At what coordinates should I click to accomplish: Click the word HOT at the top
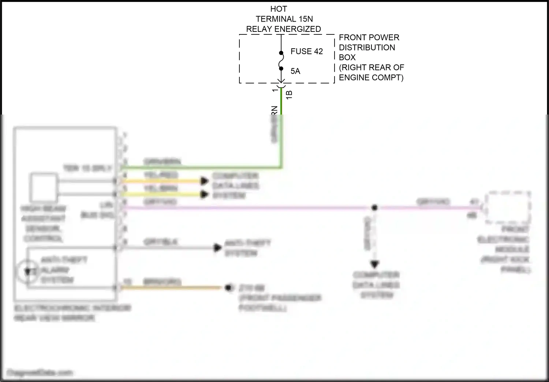tap(279, 9)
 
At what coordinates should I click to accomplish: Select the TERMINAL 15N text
tap(284, 19)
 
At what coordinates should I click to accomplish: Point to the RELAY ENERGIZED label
tap(283, 29)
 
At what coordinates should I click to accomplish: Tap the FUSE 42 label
tap(306, 52)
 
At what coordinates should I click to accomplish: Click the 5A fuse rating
tap(295, 71)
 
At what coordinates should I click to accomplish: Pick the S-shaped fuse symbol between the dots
tap(281, 61)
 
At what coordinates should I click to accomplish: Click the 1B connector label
tap(289, 95)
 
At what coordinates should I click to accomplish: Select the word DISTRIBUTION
tap(367, 48)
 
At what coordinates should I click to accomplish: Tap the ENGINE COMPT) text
tap(371, 78)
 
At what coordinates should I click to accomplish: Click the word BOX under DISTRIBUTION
tap(347, 57)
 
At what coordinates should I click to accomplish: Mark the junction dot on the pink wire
tap(374, 208)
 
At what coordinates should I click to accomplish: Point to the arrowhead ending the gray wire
tap(218, 248)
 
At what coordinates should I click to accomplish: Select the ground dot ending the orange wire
tap(229, 288)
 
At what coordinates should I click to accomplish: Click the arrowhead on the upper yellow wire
tap(204, 181)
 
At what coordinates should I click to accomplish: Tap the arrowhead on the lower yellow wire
tap(204, 194)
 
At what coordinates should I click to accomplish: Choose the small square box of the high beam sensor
tap(44, 187)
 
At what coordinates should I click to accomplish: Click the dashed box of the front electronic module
tap(508, 207)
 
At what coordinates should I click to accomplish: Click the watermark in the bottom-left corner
tap(40, 373)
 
